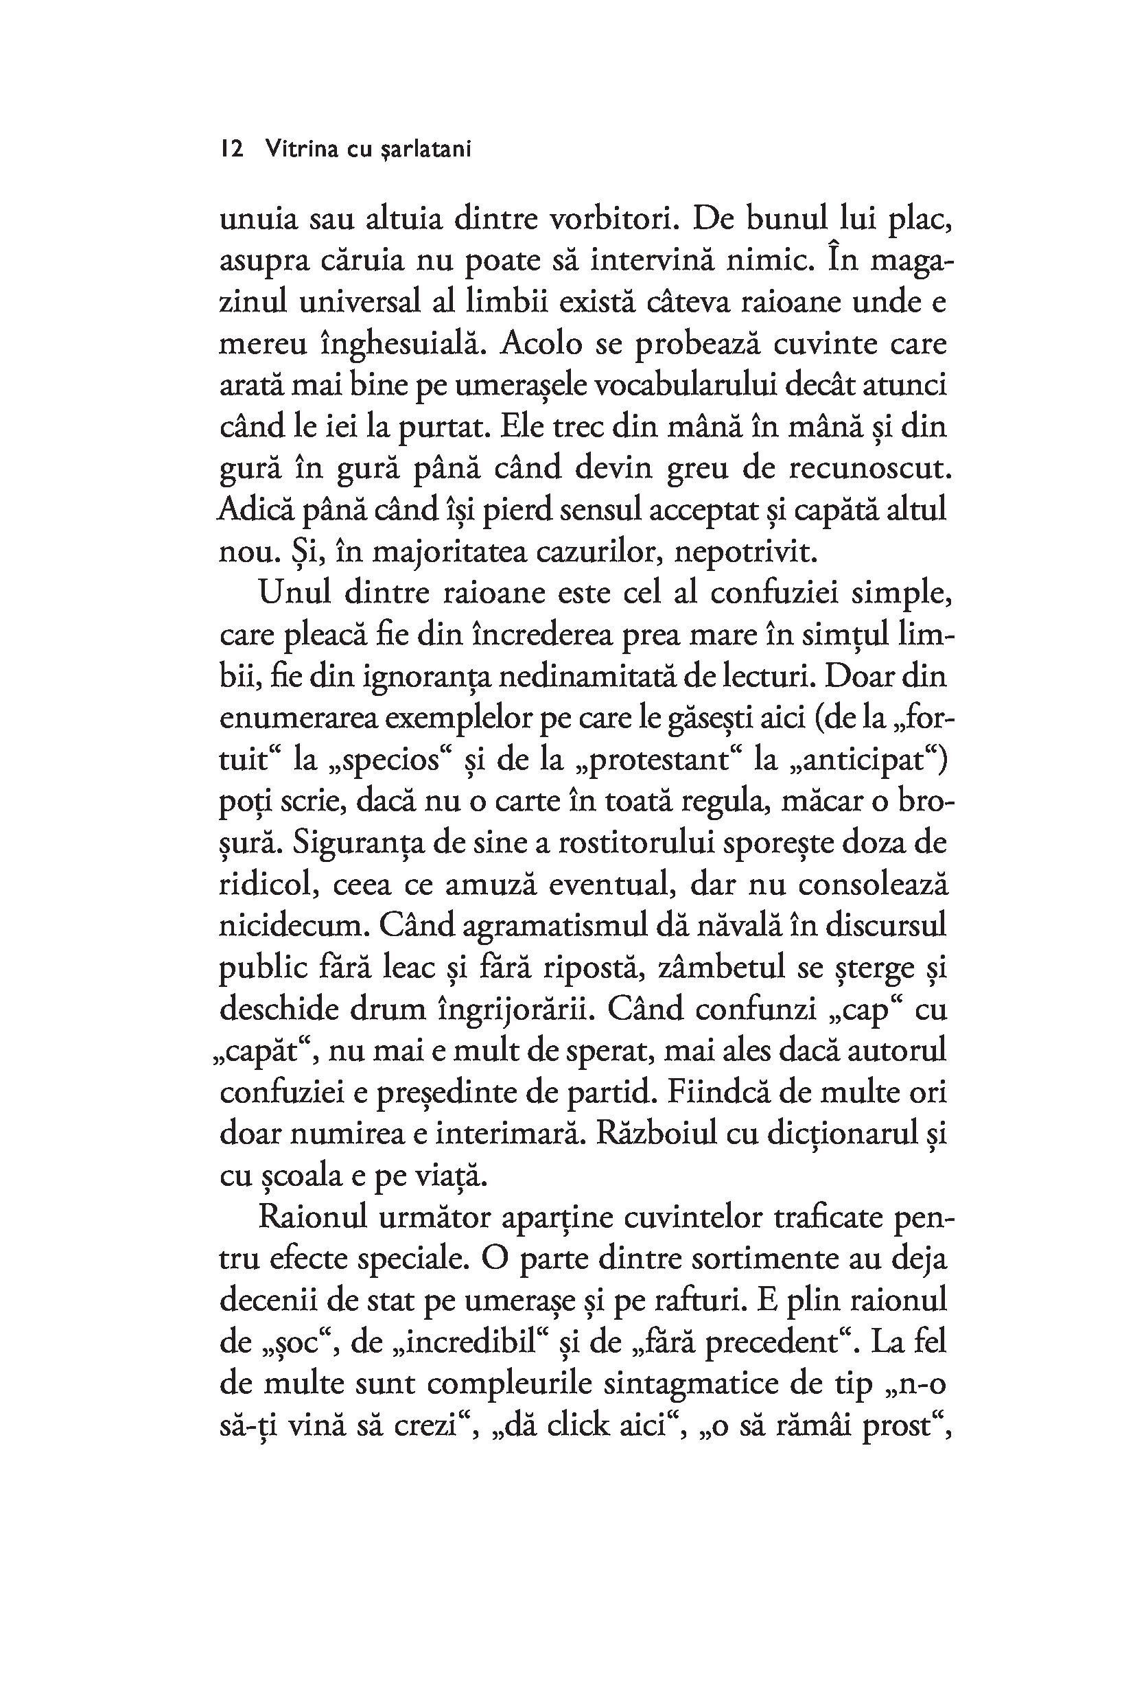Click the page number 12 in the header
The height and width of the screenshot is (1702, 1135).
(x=232, y=149)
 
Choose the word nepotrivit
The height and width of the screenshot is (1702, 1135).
(x=745, y=552)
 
